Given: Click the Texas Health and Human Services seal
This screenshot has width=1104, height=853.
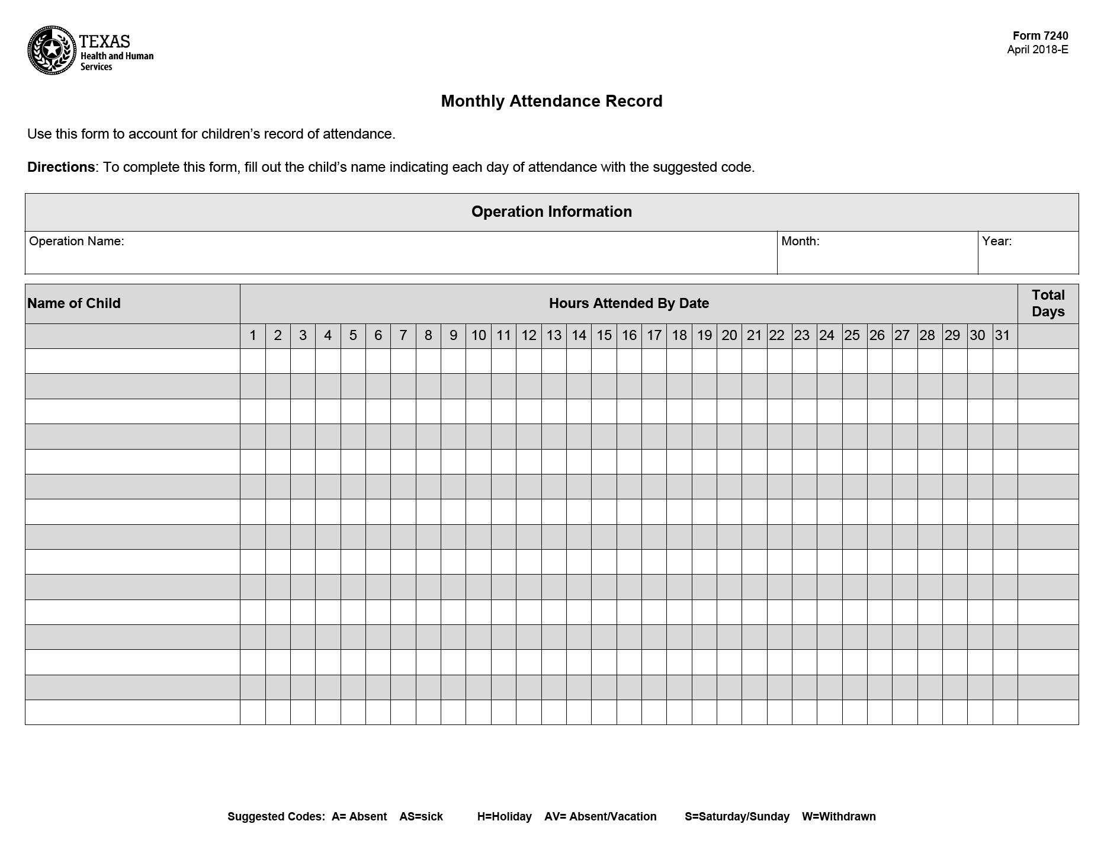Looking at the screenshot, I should (x=52, y=50).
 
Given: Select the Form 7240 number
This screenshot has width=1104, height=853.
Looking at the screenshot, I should (x=1040, y=36).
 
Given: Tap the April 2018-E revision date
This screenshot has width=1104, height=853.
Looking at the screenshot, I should (x=1037, y=50).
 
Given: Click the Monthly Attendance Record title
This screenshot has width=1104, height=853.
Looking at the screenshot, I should (x=551, y=101).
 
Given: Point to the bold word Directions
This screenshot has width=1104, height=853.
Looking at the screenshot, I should (x=60, y=167).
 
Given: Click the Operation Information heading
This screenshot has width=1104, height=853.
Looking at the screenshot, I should (x=551, y=211).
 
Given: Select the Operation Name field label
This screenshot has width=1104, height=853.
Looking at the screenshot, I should (x=76, y=241).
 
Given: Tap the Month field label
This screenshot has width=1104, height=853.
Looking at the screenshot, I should (x=800, y=241).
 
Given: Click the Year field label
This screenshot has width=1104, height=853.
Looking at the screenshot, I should (x=997, y=241).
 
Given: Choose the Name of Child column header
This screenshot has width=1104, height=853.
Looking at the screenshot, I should (x=74, y=303).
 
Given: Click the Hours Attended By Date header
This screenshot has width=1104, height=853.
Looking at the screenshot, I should (x=628, y=303).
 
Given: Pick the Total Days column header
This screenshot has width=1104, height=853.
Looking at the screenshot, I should (x=1048, y=303).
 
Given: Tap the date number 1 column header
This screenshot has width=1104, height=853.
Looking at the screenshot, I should (x=253, y=336).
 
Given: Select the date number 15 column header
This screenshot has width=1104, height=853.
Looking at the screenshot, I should (x=604, y=336).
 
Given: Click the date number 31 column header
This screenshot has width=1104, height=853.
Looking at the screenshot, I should (x=1002, y=336).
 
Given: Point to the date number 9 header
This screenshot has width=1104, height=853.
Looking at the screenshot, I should (x=453, y=336).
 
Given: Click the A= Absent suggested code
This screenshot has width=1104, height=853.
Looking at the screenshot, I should (x=359, y=817).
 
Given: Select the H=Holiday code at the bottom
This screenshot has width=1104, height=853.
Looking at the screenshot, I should (x=504, y=817).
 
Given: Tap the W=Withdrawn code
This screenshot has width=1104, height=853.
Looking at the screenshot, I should (x=839, y=817).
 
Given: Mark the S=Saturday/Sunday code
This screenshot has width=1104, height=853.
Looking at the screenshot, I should (x=737, y=817).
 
